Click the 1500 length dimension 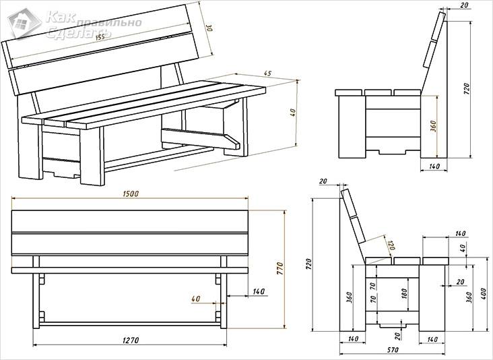130,193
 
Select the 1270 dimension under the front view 130,340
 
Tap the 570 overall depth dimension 393,350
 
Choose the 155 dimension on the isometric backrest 100,36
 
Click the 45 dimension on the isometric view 267,73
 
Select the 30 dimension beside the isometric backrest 209,29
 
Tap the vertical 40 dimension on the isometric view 292,113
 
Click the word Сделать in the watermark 71,33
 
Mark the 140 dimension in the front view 258,292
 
